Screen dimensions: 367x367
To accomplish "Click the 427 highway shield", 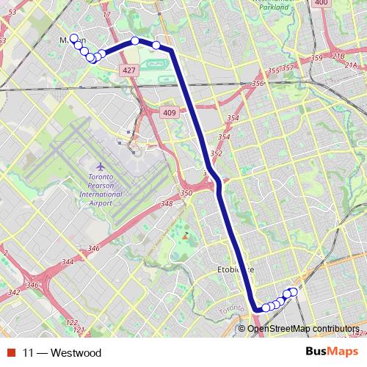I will point(129,70).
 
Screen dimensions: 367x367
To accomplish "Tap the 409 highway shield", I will point(170,112).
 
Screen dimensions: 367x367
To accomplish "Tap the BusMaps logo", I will point(329,352).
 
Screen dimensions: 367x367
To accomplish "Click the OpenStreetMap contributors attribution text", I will point(302,328).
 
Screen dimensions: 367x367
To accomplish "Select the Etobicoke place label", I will point(236,269).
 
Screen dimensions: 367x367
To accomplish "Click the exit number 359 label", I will point(316,58).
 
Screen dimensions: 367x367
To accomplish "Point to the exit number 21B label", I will point(338,56).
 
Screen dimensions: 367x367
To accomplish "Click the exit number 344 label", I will point(68,261).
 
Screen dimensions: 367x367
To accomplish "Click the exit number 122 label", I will point(70,323).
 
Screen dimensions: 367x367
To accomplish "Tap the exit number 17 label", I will point(106,13).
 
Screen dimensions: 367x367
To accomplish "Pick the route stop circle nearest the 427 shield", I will point(135,41).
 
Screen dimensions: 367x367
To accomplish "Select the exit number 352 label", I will point(217,153).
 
